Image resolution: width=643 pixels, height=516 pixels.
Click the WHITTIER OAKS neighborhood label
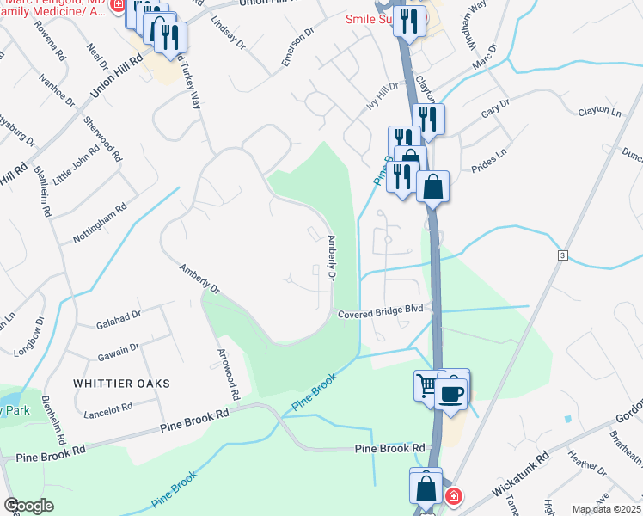coord(121,383)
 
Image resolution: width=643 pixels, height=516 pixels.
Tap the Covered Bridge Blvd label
coord(381,314)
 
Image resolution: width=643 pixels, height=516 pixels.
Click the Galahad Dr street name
coord(119,316)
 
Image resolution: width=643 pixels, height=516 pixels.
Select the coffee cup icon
coord(452,393)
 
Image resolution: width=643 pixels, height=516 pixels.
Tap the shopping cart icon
coord(427,384)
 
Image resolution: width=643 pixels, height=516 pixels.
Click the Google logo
coord(28,506)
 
